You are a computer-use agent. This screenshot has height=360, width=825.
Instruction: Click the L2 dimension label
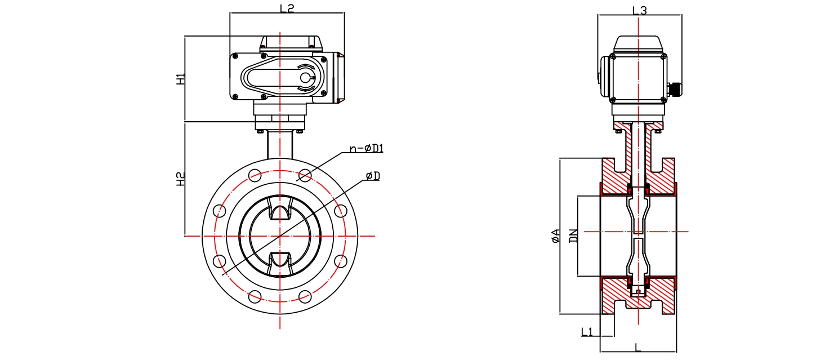(x=287, y=8)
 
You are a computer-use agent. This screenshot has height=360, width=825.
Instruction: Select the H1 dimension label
(x=180, y=79)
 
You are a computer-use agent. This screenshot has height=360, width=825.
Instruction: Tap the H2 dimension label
(x=180, y=179)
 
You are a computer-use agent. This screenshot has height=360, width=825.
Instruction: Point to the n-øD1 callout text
(x=367, y=148)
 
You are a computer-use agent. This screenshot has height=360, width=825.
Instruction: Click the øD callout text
(x=373, y=176)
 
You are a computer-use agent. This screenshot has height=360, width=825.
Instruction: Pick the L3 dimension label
(x=639, y=10)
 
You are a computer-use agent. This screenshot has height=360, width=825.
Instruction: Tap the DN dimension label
(x=573, y=236)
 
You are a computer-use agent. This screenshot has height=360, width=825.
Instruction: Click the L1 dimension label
(x=587, y=332)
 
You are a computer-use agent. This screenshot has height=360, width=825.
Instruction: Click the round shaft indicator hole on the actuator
(x=305, y=78)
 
